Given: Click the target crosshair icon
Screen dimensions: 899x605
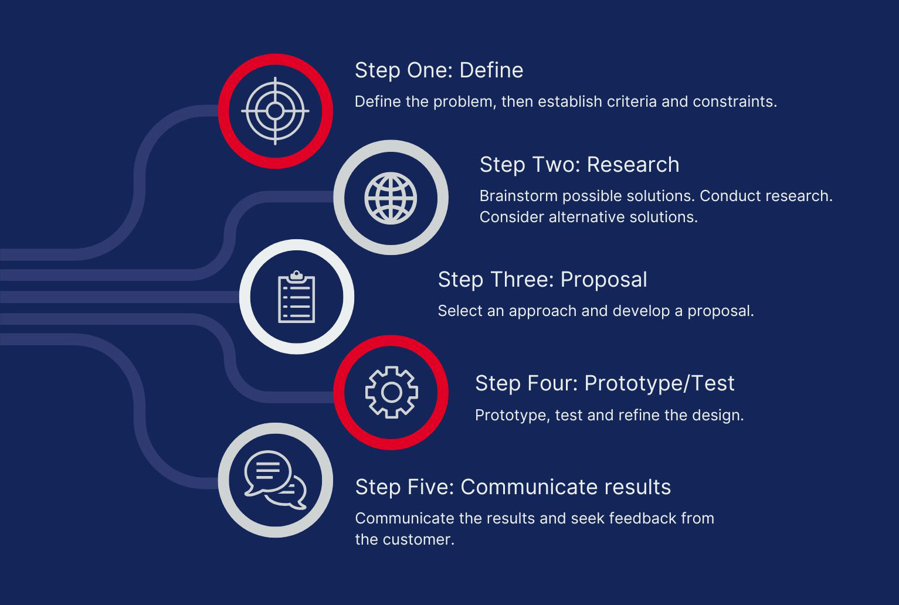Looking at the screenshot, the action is (275, 111).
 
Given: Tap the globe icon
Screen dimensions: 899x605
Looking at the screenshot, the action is (391, 198).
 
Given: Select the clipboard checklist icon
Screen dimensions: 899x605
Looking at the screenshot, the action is (297, 297).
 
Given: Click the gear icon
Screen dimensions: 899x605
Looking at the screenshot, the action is (391, 392).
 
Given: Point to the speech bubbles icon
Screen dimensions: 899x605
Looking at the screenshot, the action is (276, 480).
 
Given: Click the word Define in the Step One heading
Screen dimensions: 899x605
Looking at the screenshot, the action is (491, 70).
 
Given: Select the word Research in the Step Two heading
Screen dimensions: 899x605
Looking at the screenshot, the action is (633, 165).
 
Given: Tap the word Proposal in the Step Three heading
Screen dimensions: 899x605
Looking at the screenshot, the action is (603, 280).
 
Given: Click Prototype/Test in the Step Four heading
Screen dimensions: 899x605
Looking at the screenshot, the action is (659, 383).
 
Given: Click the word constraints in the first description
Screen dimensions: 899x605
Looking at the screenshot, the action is (735, 101).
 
